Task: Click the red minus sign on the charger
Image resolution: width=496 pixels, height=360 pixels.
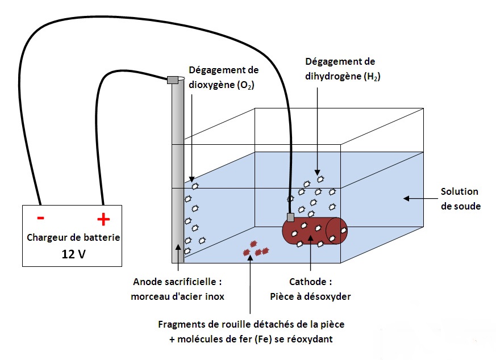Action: coord(40,218)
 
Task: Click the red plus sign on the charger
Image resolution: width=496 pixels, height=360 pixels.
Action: coord(103,219)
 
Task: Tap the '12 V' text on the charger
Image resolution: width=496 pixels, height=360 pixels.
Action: coord(73,254)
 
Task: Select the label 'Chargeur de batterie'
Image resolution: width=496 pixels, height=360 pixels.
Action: coord(73,237)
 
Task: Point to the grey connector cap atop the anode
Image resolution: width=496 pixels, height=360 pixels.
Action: coord(173,79)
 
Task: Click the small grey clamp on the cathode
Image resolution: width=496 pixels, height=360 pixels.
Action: coord(290,217)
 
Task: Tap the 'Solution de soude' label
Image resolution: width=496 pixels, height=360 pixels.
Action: coord(460,199)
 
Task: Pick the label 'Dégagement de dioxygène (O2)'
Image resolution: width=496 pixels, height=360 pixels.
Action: coord(223,78)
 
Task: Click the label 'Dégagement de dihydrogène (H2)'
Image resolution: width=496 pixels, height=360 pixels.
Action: coord(340,69)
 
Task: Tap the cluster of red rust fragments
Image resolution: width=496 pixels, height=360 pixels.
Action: coord(256,249)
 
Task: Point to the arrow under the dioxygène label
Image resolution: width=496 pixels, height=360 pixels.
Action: coord(192,136)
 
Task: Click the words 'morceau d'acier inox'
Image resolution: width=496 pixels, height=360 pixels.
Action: coord(177,296)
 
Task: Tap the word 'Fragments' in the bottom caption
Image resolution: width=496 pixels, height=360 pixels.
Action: coord(178,325)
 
